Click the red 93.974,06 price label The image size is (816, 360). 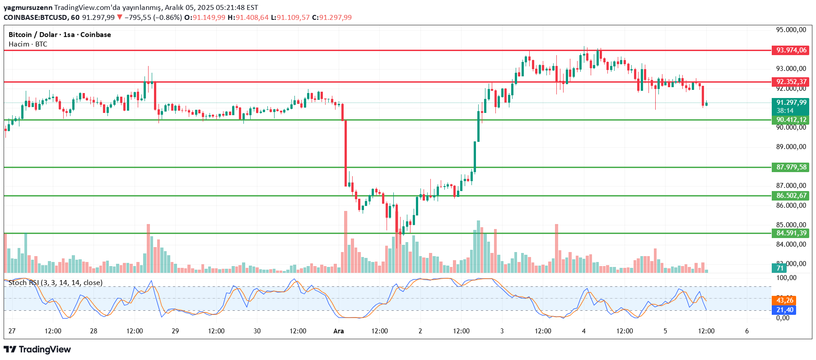(791, 50)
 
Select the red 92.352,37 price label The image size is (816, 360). (791, 82)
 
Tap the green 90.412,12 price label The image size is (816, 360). (791, 120)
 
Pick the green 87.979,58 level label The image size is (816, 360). (791, 167)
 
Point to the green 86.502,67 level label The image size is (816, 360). (791, 196)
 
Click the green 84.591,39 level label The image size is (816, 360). (791, 233)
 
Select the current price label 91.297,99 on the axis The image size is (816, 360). (791, 103)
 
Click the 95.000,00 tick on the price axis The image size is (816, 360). (791, 30)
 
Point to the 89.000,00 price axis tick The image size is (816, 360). (791, 147)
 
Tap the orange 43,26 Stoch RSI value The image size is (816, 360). (785, 300)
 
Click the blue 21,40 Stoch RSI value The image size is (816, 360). (785, 310)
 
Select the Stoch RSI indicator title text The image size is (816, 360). (56, 283)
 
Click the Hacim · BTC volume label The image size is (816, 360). (28, 44)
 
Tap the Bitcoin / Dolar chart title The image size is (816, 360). (60, 35)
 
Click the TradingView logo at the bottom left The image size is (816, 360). (37, 350)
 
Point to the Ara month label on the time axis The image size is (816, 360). (339, 331)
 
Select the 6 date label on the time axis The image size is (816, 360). (747, 331)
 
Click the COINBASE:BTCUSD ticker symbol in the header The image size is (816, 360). (35, 18)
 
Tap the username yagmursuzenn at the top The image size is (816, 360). (28, 7)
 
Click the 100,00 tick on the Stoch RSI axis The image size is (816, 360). (786, 278)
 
